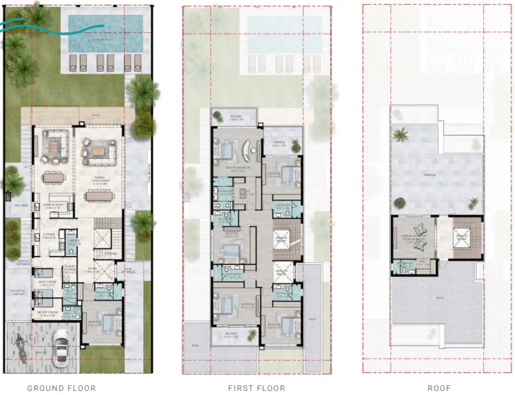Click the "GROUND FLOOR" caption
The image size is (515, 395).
(61, 388)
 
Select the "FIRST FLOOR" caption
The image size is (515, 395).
(256, 388)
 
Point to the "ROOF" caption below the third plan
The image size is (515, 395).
(439, 388)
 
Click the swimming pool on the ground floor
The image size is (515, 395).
(106, 33)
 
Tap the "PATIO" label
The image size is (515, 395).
(96, 115)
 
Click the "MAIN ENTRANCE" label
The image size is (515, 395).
(128, 270)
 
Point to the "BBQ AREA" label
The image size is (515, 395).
(21, 205)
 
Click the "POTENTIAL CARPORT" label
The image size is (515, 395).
(18, 292)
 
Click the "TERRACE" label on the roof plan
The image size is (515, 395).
(429, 175)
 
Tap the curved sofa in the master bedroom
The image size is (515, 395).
(247, 150)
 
